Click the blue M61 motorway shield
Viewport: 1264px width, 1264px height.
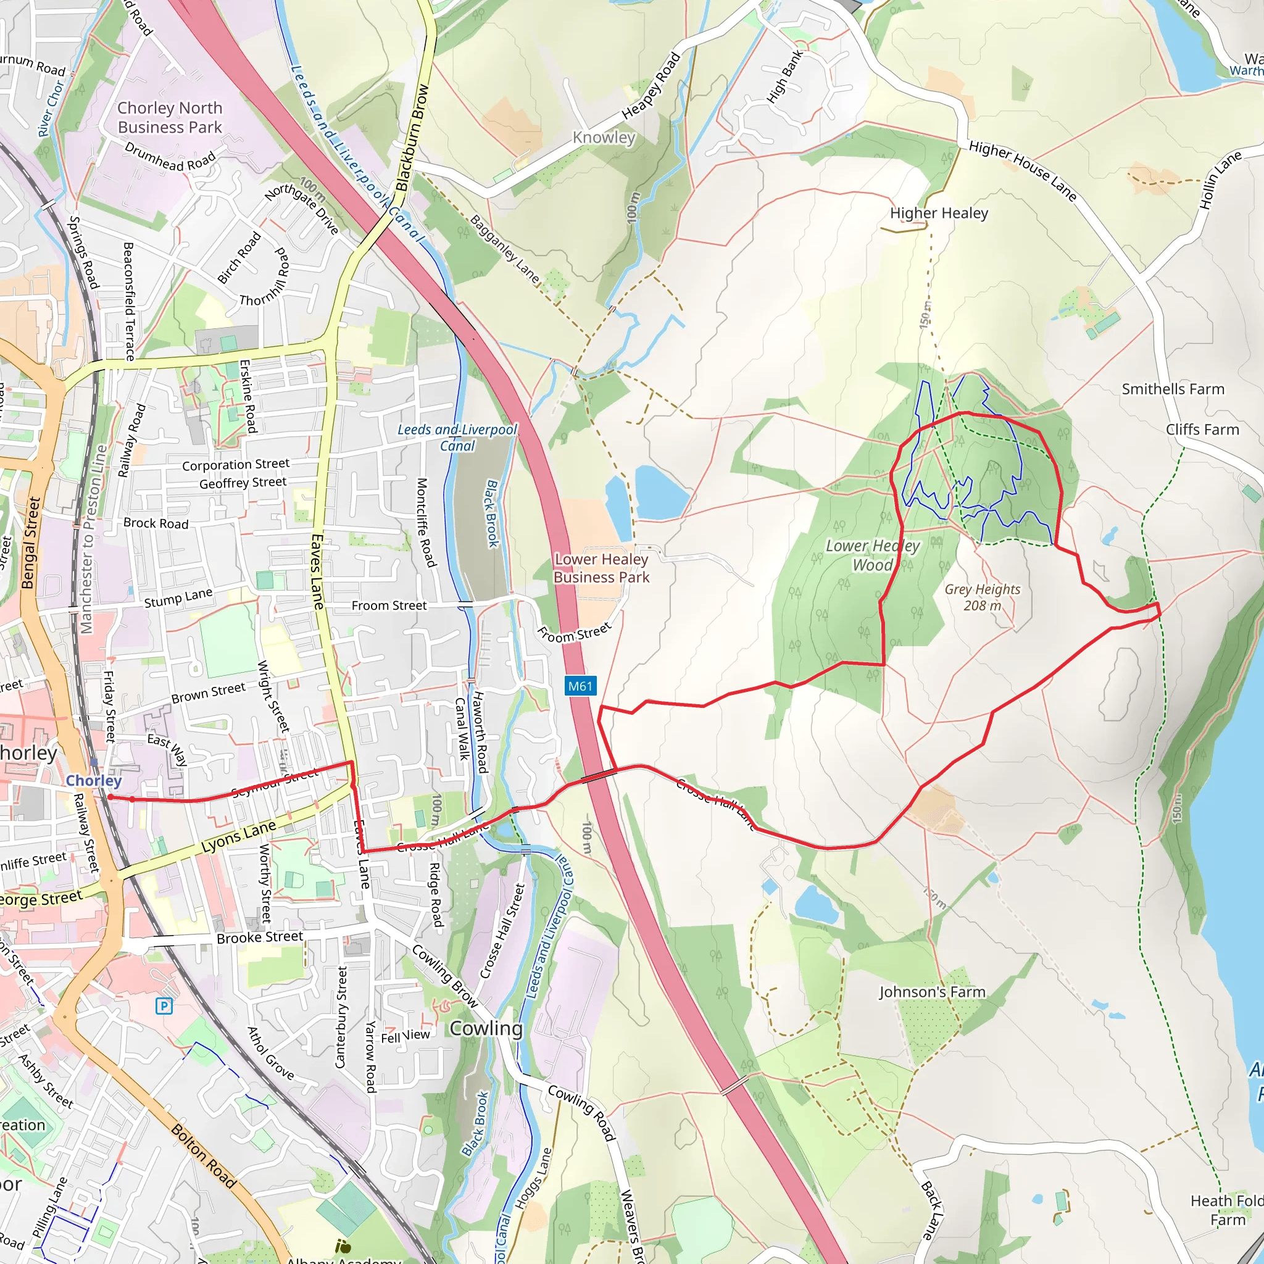pyautogui.click(x=580, y=686)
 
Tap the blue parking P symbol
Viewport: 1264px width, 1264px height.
pyautogui.click(x=164, y=1006)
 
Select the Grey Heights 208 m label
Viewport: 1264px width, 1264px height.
pyautogui.click(x=982, y=597)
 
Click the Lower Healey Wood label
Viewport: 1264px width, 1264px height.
pyautogui.click(x=873, y=555)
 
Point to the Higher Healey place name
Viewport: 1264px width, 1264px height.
pyautogui.click(x=939, y=214)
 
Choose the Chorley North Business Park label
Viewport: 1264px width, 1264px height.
pyautogui.click(x=170, y=118)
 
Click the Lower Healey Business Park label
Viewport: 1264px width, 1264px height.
pyautogui.click(x=601, y=568)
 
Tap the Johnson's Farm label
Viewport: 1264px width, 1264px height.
pyautogui.click(x=931, y=992)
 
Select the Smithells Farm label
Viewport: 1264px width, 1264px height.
pyautogui.click(x=1173, y=389)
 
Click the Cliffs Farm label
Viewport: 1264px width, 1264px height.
pyautogui.click(x=1202, y=430)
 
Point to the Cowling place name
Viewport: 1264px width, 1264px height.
pyautogui.click(x=486, y=1028)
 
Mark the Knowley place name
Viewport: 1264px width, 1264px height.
pyautogui.click(x=604, y=138)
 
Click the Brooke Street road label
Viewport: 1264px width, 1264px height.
pyautogui.click(x=260, y=938)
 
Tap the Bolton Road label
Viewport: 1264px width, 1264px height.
pyautogui.click(x=203, y=1156)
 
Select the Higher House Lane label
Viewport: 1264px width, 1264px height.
pyautogui.click(x=1023, y=171)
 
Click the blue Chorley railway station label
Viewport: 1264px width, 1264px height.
pyautogui.click(x=94, y=781)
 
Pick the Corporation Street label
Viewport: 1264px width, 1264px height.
pyautogui.click(x=236, y=465)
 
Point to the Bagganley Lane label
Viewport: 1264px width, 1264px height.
pyautogui.click(x=505, y=251)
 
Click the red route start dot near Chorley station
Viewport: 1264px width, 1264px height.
pyautogui.click(x=110, y=797)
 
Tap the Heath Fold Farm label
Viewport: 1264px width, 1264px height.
pyautogui.click(x=1227, y=1210)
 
